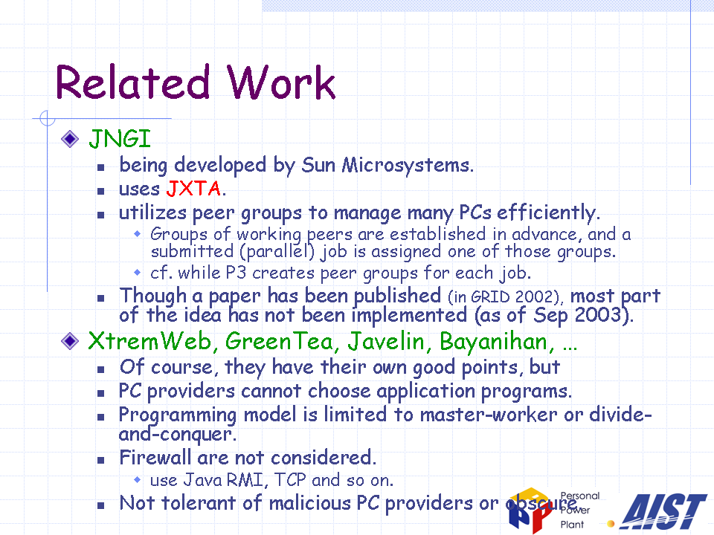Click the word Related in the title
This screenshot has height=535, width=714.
[132, 82]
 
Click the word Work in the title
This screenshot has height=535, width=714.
[281, 82]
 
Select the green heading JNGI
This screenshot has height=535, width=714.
[120, 139]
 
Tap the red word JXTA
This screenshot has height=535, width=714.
[193, 188]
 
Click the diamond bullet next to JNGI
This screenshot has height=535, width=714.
[70, 139]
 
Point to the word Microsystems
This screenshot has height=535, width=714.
[408, 165]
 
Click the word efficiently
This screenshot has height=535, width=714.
[548, 213]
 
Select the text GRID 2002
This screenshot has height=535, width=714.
[514, 297]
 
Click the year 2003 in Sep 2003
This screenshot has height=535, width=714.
[598, 315]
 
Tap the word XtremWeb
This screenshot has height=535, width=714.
[149, 341]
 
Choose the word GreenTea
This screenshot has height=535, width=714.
[279, 341]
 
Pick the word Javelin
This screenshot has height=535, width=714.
[386, 341]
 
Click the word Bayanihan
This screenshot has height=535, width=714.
[493, 342]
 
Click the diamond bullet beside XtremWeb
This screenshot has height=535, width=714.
[70, 341]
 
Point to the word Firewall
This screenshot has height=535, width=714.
[155, 458]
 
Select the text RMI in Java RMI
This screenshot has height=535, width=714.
[245, 481]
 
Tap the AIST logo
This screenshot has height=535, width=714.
[663, 511]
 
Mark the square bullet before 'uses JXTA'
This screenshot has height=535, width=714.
[101, 191]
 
